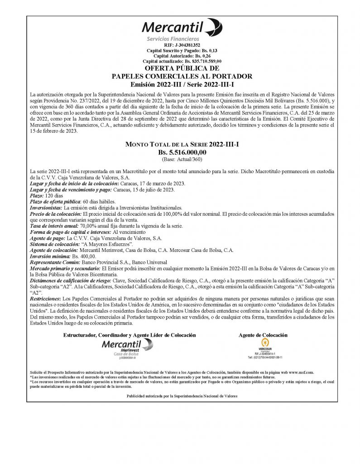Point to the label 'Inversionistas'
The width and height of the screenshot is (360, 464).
coord(46,207)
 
